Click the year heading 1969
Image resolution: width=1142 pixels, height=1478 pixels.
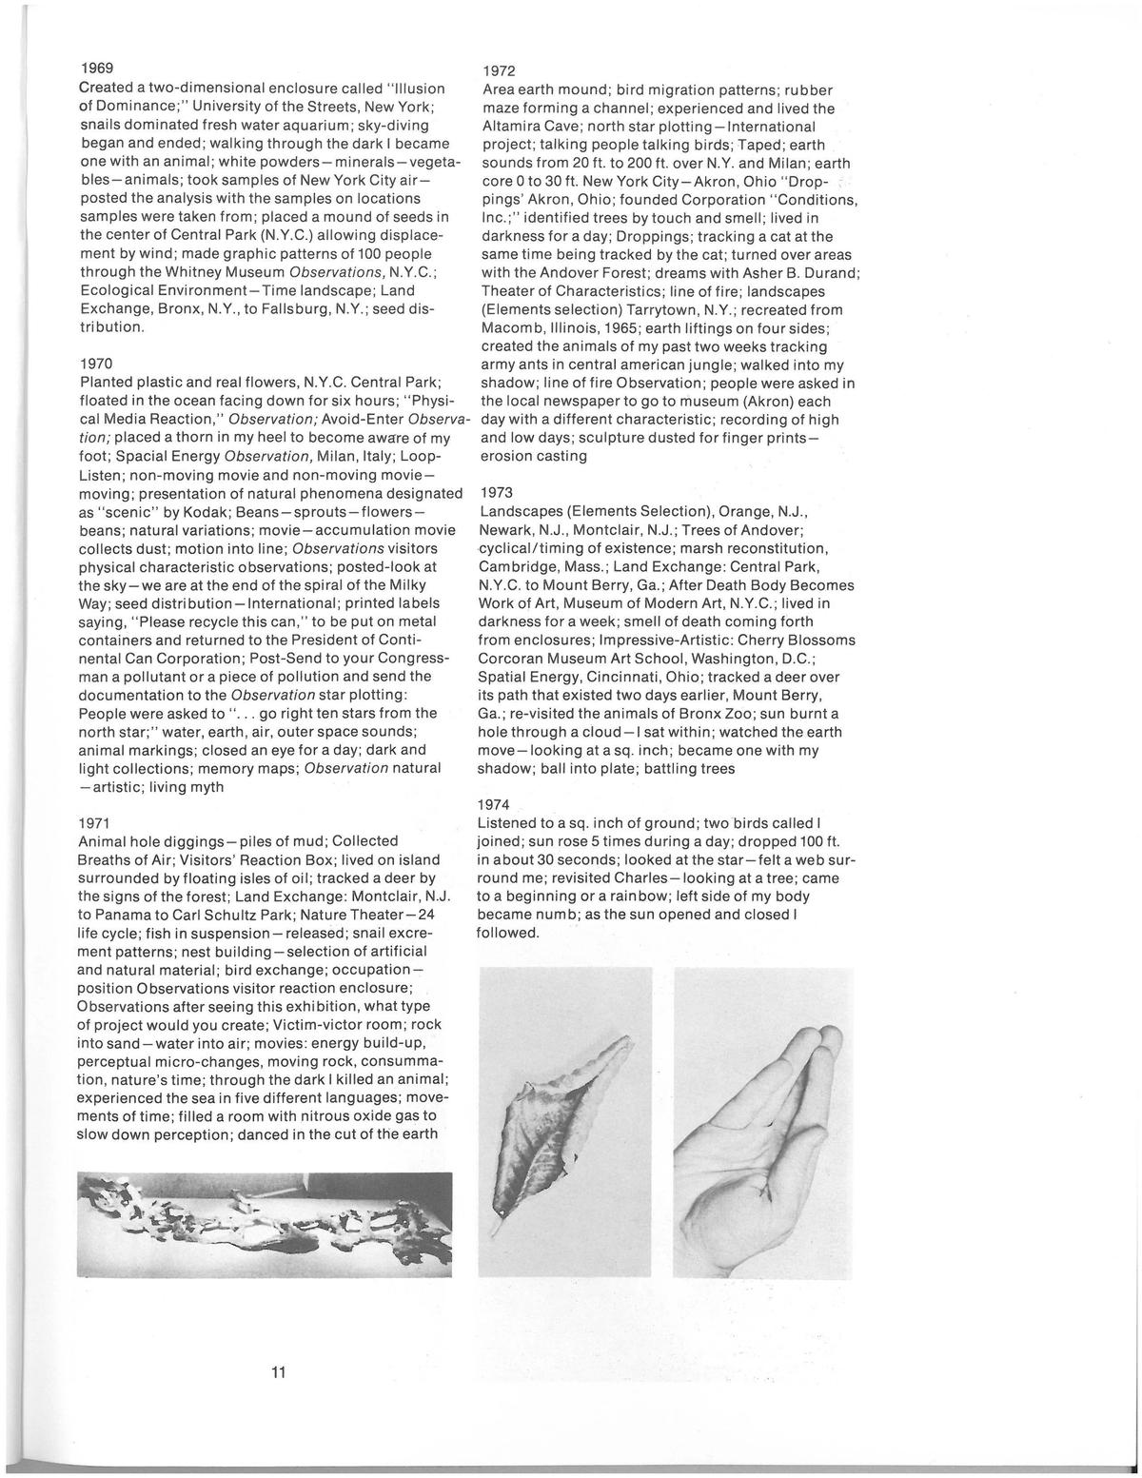click(95, 67)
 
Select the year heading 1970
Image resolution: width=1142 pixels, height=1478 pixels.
click(95, 363)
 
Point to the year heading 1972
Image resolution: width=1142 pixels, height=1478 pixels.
click(499, 72)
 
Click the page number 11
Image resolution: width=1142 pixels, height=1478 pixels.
click(279, 1372)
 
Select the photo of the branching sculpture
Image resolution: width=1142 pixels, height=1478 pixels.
click(265, 1224)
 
